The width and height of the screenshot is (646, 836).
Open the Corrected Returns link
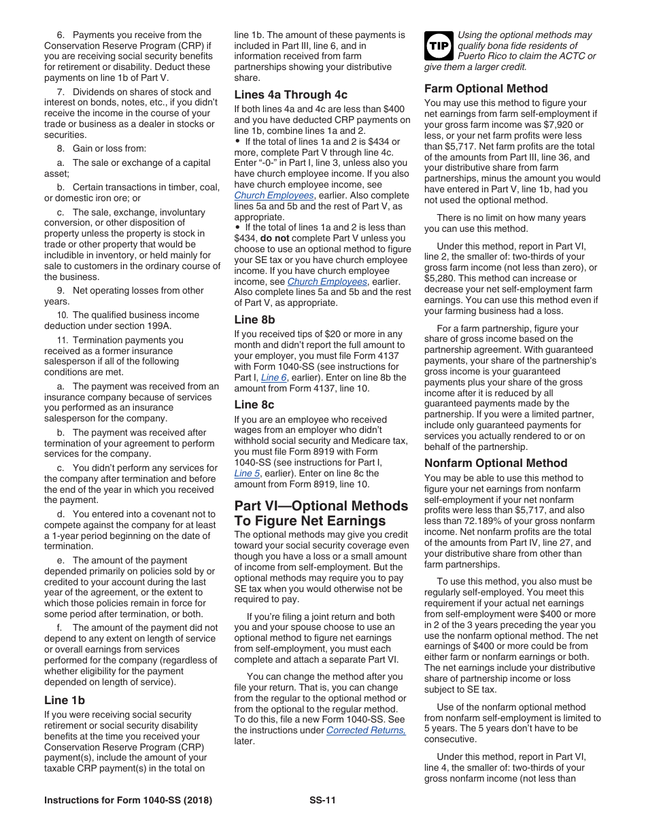tap(366, 731)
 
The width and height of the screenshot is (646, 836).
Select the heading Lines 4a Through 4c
tap(290, 94)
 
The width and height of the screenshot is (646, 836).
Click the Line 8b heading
tap(254, 319)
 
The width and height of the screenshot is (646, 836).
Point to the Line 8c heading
tap(254, 404)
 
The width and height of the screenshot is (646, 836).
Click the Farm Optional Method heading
tap(486, 88)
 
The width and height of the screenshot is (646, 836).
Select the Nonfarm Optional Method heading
tap(496, 463)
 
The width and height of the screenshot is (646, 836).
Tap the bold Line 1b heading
tap(65, 700)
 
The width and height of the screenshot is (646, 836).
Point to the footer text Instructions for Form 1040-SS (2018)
tap(128, 800)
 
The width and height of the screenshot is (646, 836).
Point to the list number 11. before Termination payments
tap(63, 340)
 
